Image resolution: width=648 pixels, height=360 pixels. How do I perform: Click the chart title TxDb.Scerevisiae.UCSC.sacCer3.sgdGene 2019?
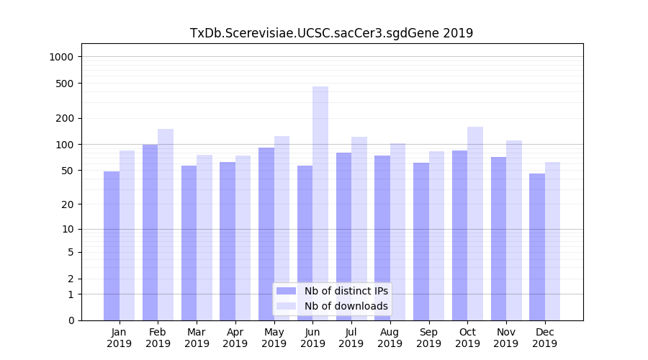tap(331, 33)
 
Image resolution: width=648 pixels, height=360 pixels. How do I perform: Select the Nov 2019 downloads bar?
tap(514, 230)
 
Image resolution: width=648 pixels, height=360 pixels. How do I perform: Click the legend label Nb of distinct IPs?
tap(346, 291)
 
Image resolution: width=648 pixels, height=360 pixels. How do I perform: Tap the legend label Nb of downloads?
tap(346, 306)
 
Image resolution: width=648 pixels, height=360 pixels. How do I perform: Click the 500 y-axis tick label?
tap(66, 84)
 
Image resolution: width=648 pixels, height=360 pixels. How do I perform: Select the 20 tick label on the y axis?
tap(68, 204)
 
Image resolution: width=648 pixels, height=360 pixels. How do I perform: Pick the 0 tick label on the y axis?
tap(71, 320)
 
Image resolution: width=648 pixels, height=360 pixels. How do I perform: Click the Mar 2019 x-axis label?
tap(197, 338)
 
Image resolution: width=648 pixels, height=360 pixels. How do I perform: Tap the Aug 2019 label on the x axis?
tap(390, 338)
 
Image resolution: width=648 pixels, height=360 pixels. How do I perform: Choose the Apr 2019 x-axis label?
tap(235, 338)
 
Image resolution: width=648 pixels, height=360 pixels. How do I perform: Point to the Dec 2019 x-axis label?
tap(544, 338)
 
